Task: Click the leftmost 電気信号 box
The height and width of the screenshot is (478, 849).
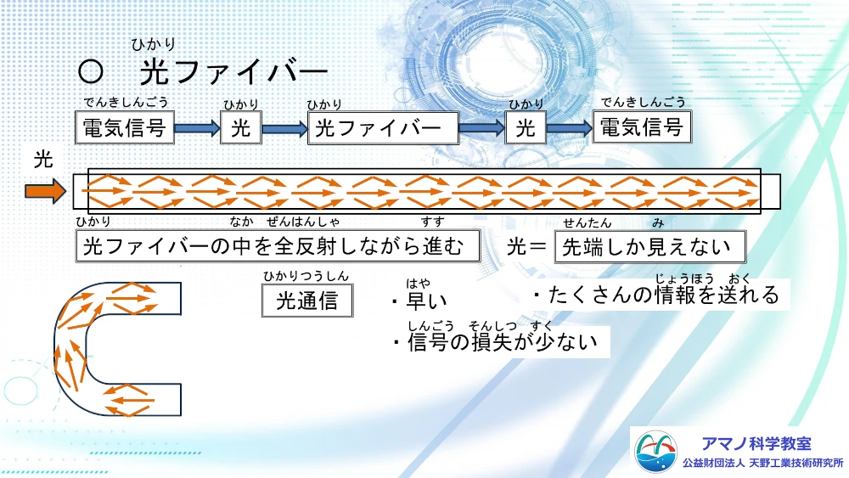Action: click(x=127, y=128)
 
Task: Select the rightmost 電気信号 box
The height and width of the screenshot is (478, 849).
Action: click(x=641, y=127)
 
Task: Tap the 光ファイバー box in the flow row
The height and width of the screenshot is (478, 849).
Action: click(x=382, y=128)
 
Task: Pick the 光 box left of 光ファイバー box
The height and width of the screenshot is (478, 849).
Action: click(x=241, y=128)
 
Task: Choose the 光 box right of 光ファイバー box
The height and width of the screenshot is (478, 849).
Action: click(x=526, y=128)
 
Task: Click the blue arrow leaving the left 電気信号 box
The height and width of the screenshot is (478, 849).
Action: click(x=197, y=129)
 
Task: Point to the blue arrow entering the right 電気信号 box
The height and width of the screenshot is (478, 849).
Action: click(x=569, y=128)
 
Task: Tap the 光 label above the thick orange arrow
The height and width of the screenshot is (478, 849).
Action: click(x=44, y=160)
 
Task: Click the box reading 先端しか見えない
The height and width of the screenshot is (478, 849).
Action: click(x=650, y=247)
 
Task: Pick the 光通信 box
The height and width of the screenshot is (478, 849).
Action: click(x=307, y=300)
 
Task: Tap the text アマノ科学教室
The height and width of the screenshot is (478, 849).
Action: click(x=756, y=443)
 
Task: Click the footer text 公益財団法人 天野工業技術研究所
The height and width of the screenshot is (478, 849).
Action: click(x=763, y=464)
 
